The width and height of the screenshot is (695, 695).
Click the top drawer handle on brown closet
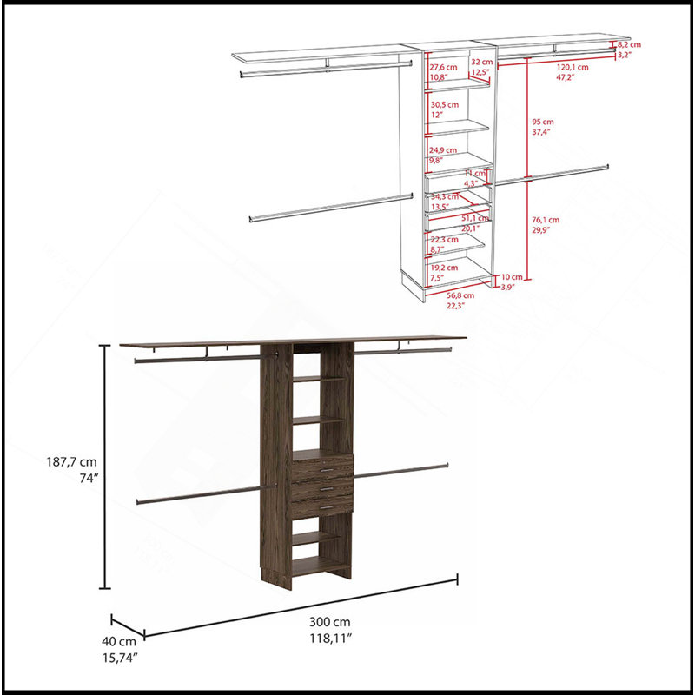pyautogui.click(x=327, y=470)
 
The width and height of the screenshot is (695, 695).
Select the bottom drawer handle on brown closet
pyautogui.click(x=327, y=507)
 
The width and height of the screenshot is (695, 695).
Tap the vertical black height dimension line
pyautogui.click(x=104, y=467)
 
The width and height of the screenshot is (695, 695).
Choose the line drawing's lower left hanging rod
pyautogui.click(x=331, y=208)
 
